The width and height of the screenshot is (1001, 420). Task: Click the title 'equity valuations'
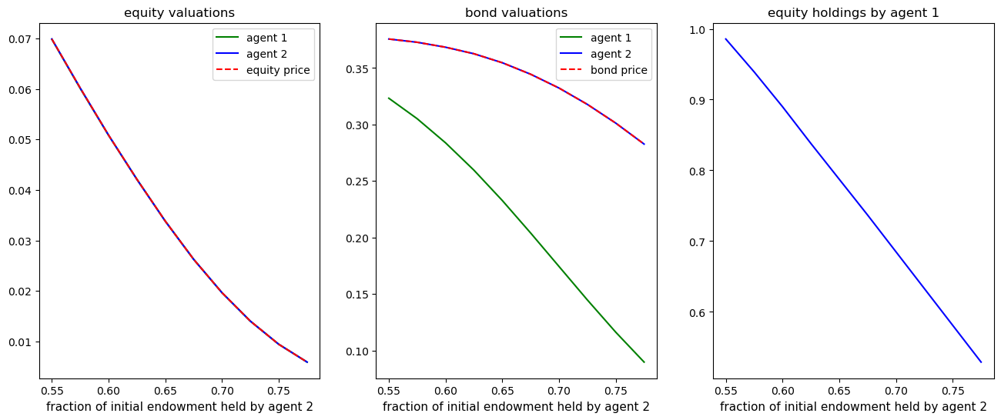(179, 13)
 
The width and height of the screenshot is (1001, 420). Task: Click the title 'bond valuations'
(516, 13)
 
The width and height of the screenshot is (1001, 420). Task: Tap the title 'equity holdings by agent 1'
(853, 13)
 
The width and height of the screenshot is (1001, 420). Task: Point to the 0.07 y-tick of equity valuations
(22, 39)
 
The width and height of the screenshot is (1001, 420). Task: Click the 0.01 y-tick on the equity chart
(22, 342)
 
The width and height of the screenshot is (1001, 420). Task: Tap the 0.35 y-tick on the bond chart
(359, 68)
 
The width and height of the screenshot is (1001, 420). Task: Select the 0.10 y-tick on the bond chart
(359, 352)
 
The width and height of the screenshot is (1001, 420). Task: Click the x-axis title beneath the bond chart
(516, 406)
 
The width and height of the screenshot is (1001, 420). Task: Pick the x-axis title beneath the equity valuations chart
(179, 406)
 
